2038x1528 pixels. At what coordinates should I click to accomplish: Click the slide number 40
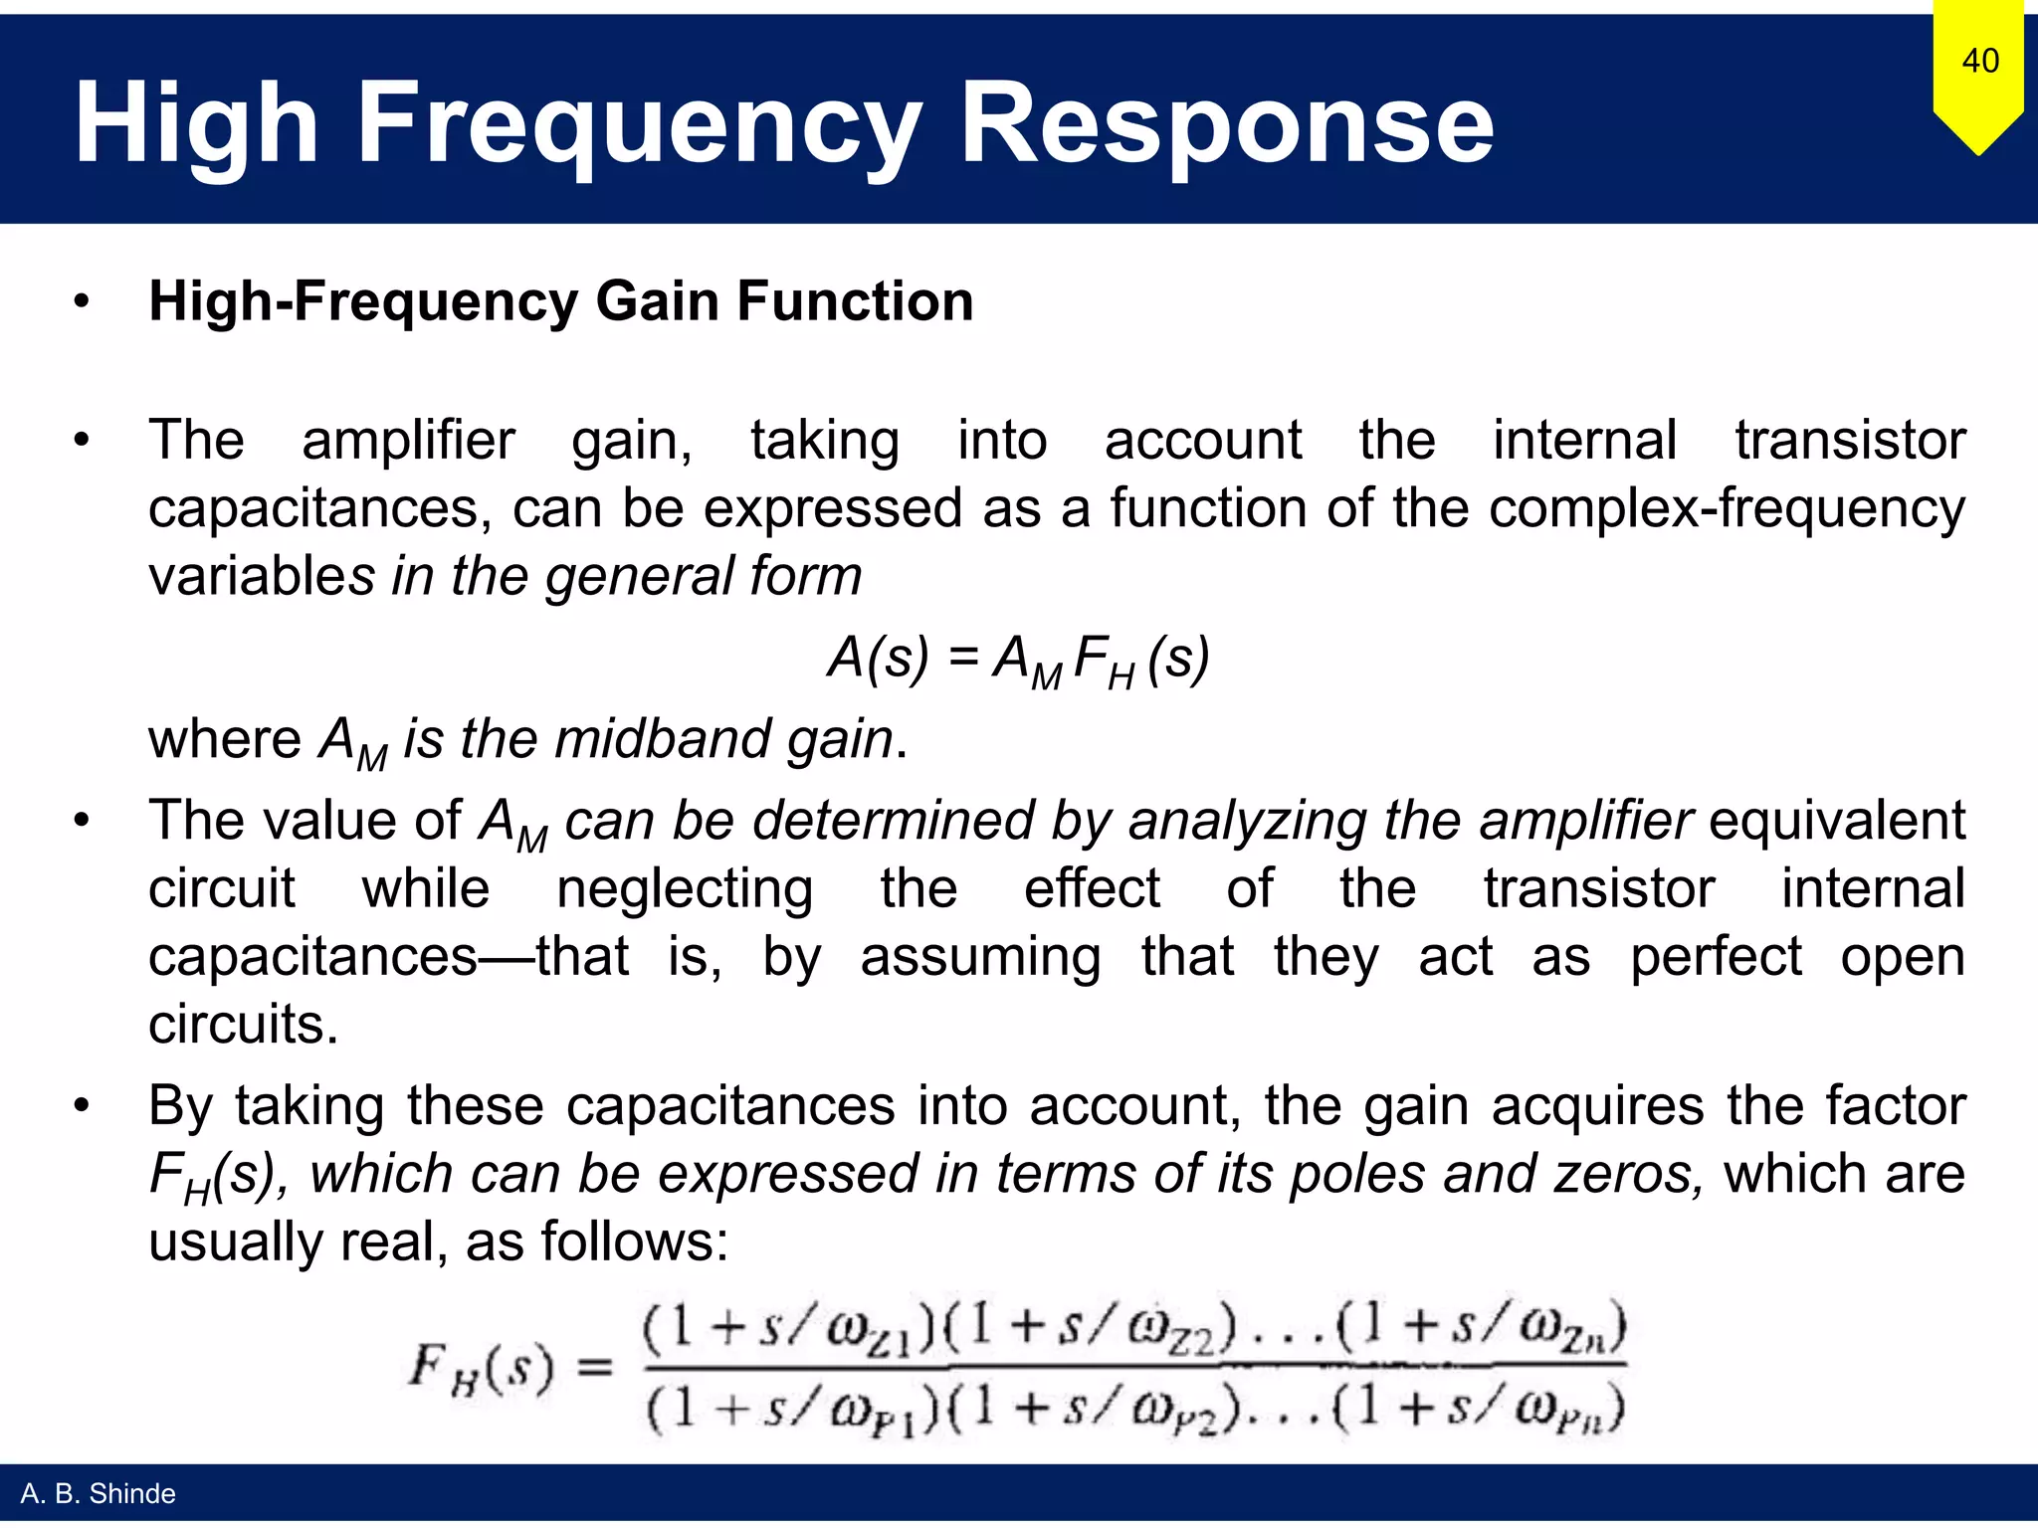coord(1979,61)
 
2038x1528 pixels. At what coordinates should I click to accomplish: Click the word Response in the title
coord(1226,123)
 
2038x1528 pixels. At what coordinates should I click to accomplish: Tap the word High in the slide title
coord(196,123)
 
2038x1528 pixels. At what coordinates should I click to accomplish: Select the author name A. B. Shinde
coord(98,1493)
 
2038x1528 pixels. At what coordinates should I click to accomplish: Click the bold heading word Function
coord(855,301)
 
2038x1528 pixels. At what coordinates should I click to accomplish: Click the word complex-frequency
coord(1728,508)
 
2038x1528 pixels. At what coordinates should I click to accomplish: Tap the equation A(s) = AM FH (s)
coord(1018,660)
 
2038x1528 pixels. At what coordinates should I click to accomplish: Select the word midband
coord(661,739)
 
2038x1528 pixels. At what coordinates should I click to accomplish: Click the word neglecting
coord(685,887)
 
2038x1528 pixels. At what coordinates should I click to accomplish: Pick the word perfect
coord(1716,956)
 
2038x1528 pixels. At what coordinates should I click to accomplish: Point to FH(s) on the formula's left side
coord(481,1368)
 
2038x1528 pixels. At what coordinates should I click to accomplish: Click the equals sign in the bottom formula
coord(595,1368)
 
